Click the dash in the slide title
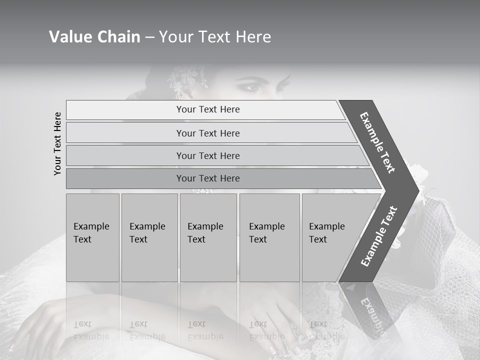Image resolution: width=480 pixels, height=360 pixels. click(x=149, y=37)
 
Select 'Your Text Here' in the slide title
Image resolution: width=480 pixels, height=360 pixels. click(x=215, y=37)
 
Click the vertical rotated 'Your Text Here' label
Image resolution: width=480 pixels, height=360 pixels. click(x=57, y=143)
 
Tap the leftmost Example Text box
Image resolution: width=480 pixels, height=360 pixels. click(x=92, y=237)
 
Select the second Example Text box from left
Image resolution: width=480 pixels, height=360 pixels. click(x=149, y=237)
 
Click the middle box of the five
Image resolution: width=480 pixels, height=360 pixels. click(x=208, y=237)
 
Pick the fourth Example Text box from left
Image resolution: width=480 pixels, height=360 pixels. click(x=269, y=237)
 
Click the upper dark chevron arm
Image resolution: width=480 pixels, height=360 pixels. click(x=378, y=142)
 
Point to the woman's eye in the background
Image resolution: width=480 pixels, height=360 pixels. click(x=250, y=87)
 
